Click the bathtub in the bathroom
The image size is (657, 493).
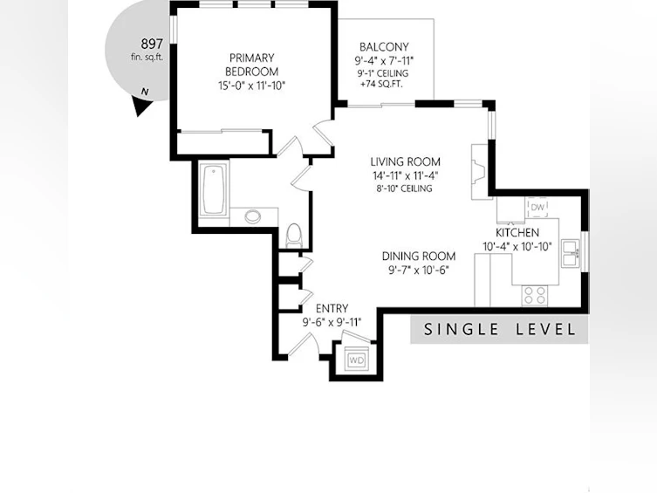[x=214, y=189]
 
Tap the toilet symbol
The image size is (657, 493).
[x=294, y=235]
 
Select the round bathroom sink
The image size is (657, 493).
[x=253, y=216]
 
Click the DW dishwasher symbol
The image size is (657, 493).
[x=537, y=207]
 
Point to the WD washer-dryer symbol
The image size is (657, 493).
[x=357, y=359]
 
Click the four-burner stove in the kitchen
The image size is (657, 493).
[x=535, y=294]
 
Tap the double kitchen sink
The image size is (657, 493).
[x=571, y=253]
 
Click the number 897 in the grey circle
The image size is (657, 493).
[x=151, y=44]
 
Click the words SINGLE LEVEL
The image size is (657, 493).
[x=499, y=329]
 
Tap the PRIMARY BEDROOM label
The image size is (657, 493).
[x=252, y=65]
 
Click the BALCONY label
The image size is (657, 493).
[x=384, y=47]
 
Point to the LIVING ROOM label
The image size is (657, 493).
[x=405, y=161]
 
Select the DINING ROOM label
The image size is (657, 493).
[x=419, y=256]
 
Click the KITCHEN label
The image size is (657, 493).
[x=517, y=232]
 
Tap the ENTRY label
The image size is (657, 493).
[x=332, y=309]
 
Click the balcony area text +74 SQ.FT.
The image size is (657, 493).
[x=381, y=84]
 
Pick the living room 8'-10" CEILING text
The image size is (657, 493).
[x=404, y=188]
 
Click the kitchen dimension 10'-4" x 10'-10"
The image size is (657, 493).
[x=517, y=247]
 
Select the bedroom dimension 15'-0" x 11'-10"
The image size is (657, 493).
[x=251, y=86]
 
